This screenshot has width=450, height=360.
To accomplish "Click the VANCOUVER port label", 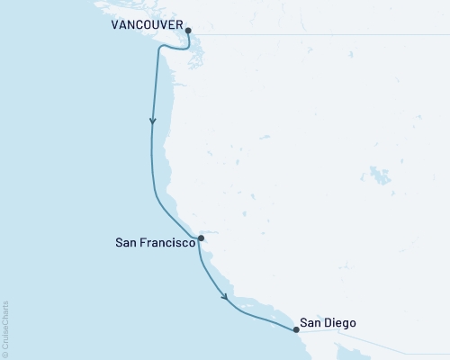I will [147, 26].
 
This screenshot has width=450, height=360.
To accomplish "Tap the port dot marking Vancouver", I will [187, 31].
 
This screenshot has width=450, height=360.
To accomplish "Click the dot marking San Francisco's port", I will [201, 238].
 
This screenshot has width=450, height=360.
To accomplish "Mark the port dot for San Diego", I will [295, 329].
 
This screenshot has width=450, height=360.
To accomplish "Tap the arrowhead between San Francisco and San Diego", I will [225, 294].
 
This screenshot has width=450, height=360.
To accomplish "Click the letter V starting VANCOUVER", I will [115, 26].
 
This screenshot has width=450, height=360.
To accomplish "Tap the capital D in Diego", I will [332, 322].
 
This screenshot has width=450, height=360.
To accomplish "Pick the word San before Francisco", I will [126, 242].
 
